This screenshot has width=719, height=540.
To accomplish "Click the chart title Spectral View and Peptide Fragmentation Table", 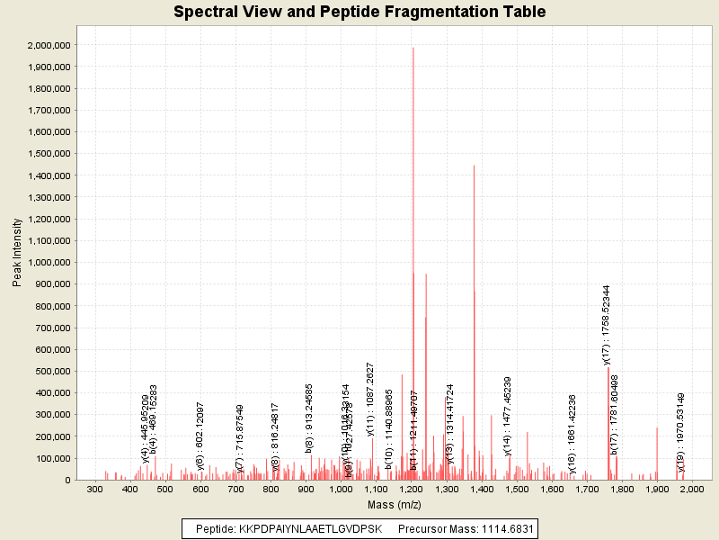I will (x=359, y=13).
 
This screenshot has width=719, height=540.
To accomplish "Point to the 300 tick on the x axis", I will (x=94, y=489).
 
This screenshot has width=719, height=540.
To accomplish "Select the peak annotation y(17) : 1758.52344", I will (x=607, y=325).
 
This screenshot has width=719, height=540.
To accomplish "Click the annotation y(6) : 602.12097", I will (x=200, y=436).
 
